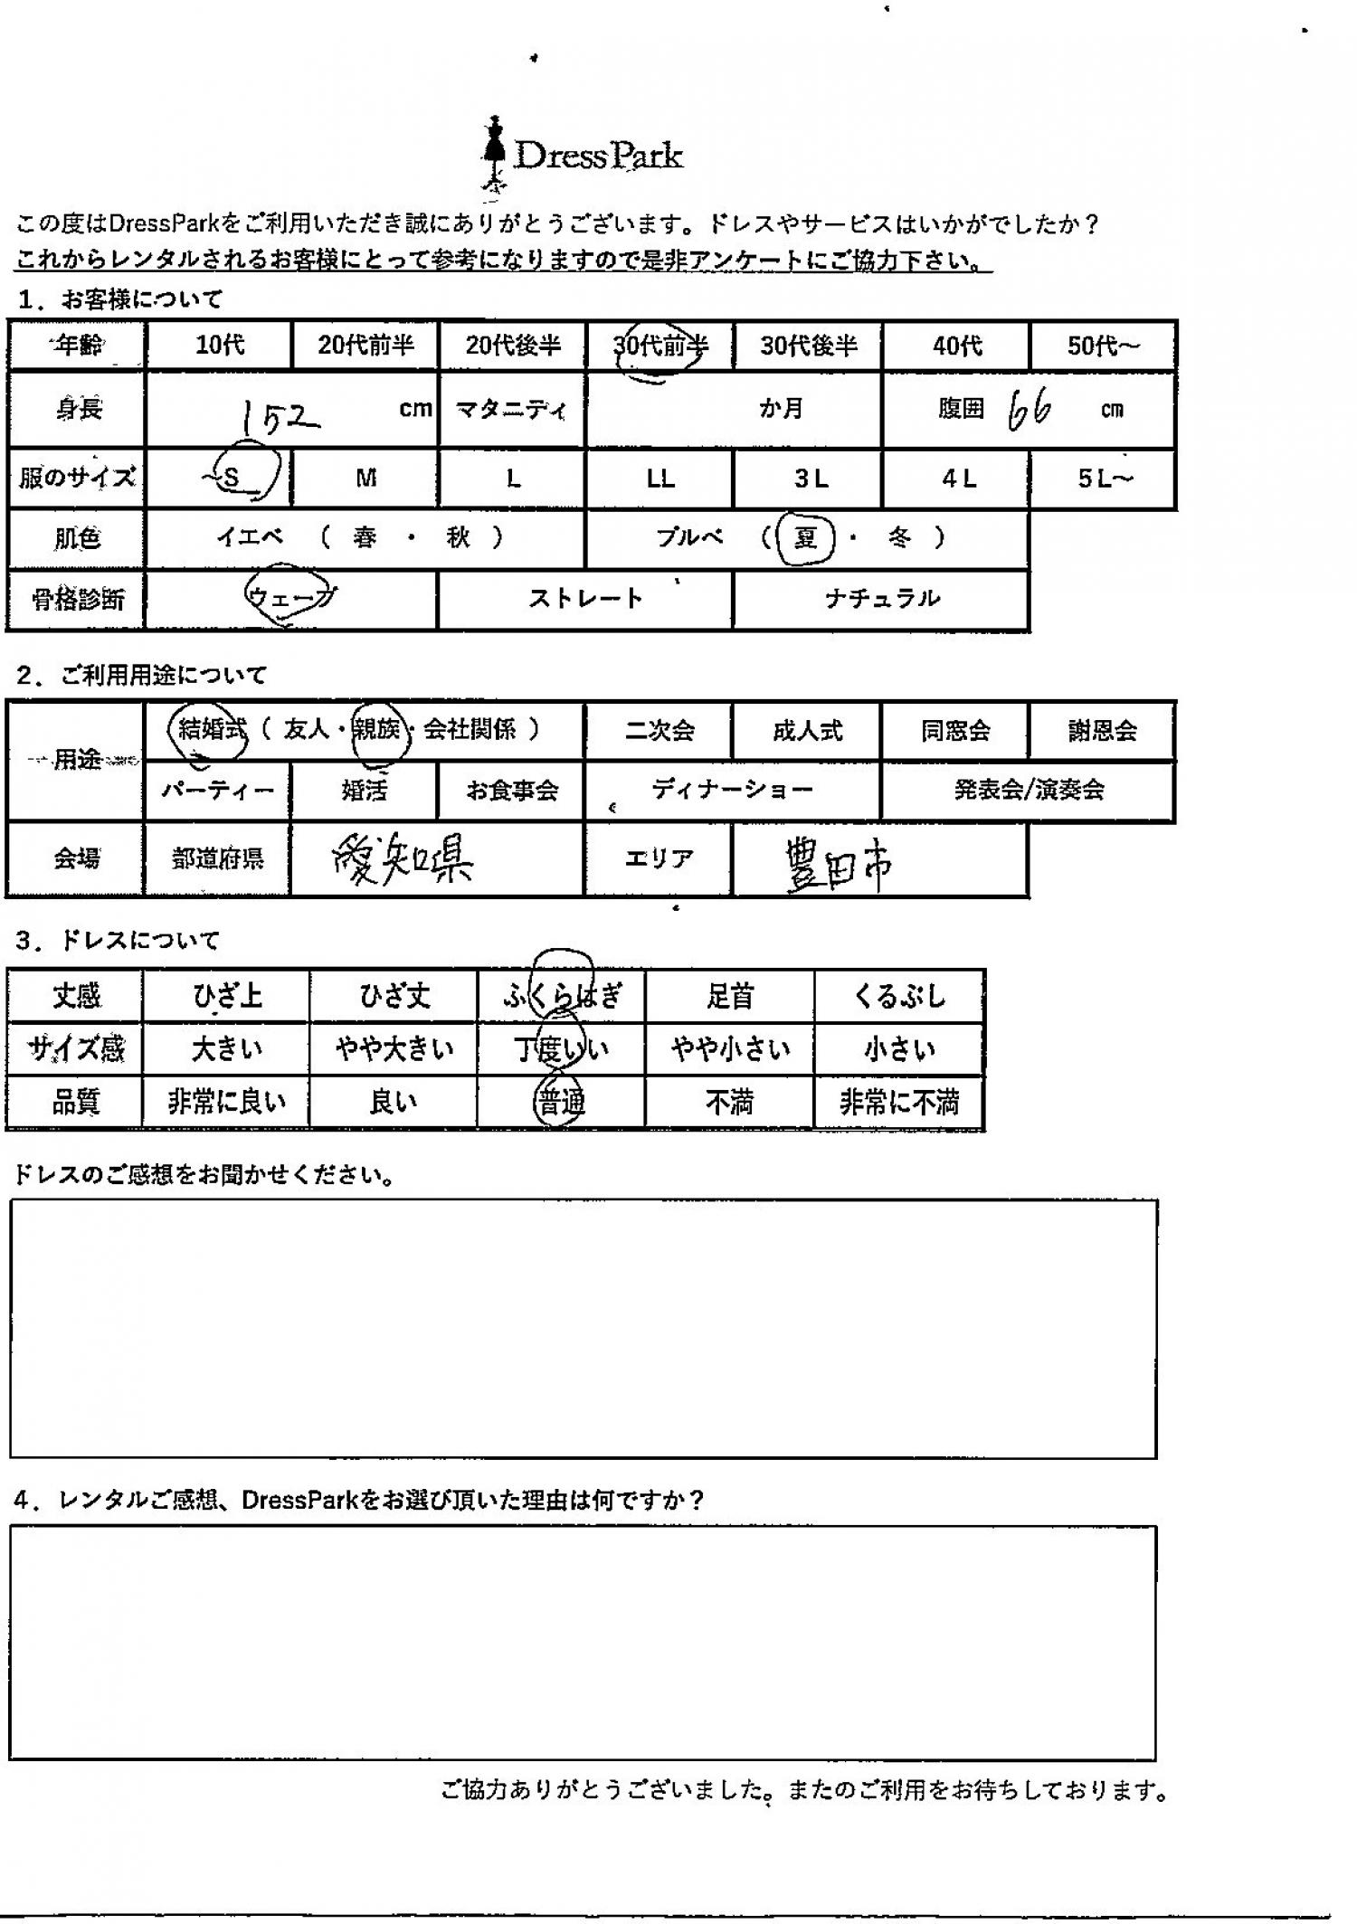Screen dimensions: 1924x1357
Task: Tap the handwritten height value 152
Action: pyautogui.click(x=280, y=418)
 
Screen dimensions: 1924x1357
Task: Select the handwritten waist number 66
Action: pyautogui.click(x=1030, y=412)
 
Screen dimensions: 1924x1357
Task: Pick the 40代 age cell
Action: pyautogui.click(x=956, y=346)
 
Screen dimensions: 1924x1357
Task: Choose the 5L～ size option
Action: pyautogui.click(x=1104, y=479)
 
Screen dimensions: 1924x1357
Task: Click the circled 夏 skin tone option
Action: pyautogui.click(x=804, y=538)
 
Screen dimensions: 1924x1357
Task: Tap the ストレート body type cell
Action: pyautogui.click(x=585, y=599)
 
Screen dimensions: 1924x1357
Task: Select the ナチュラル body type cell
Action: pyautogui.click(x=881, y=599)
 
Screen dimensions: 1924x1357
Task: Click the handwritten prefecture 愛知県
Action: pyautogui.click(x=403, y=860)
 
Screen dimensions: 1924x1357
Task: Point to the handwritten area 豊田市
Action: pyautogui.click(x=838, y=864)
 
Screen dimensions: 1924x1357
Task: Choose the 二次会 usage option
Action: pyautogui.click(x=660, y=731)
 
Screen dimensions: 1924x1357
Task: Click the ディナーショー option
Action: pyautogui.click(x=733, y=791)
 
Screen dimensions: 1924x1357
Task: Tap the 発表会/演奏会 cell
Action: pyautogui.click(x=1029, y=791)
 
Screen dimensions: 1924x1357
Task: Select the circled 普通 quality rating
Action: pyautogui.click(x=561, y=1103)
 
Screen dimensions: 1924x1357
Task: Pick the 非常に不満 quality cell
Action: pyautogui.click(x=898, y=1103)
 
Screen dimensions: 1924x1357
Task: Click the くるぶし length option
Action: pyautogui.click(x=898, y=997)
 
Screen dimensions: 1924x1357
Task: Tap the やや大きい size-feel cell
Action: pyautogui.click(x=394, y=1049)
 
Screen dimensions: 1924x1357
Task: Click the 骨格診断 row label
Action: pyautogui.click(x=77, y=599)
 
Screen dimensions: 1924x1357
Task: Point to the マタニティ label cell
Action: pyautogui.click(x=512, y=410)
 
